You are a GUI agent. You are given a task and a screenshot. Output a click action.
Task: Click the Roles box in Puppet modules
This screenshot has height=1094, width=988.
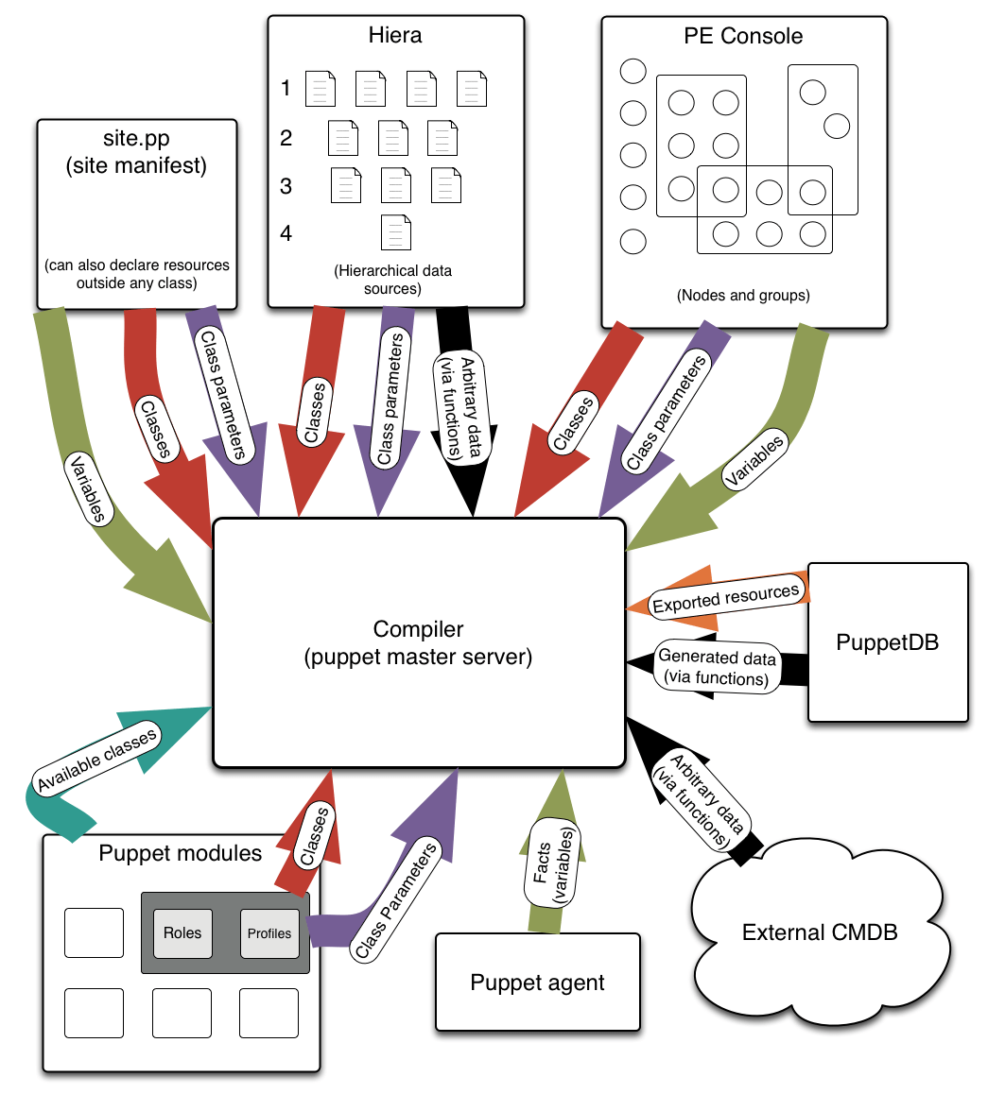[182, 932]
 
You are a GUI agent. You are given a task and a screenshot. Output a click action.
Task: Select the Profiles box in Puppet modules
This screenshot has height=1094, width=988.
[269, 932]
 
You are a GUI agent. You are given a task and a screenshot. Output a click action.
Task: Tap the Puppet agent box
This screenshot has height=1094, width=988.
[537, 983]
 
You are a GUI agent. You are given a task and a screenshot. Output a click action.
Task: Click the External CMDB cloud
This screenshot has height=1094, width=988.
[820, 932]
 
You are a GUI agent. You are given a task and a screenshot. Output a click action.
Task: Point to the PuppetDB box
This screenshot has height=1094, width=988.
[888, 643]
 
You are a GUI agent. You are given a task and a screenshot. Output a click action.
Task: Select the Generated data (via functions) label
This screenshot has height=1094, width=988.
[717, 667]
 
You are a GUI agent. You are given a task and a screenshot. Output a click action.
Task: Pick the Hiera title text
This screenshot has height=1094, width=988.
[395, 36]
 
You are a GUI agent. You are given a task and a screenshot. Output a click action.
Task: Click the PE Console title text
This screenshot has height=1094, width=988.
[743, 36]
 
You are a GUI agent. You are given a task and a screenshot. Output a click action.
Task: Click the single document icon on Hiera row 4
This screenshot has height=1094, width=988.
[395, 231]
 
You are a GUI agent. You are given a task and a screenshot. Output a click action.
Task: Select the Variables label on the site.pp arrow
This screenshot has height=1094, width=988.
[88, 488]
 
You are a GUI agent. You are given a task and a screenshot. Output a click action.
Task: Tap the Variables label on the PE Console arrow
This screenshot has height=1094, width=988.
[754, 461]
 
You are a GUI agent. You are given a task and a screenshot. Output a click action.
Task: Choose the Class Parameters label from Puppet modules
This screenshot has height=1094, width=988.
[397, 900]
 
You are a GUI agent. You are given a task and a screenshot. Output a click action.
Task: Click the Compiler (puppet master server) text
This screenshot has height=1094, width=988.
[418, 643]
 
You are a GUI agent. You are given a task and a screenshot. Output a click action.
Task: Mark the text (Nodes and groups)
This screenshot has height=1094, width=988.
[743, 295]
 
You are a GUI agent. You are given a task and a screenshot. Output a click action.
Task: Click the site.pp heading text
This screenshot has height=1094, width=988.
[136, 139]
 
